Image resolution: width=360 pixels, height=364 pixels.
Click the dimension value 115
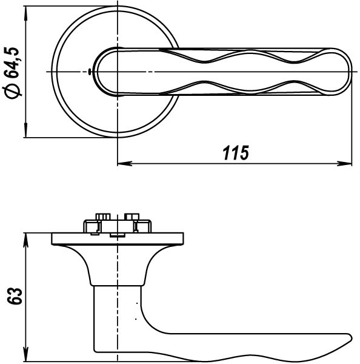coord(236,153)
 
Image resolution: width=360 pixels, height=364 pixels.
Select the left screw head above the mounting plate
coord(101,217)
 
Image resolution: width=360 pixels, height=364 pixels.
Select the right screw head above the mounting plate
coord(132,217)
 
